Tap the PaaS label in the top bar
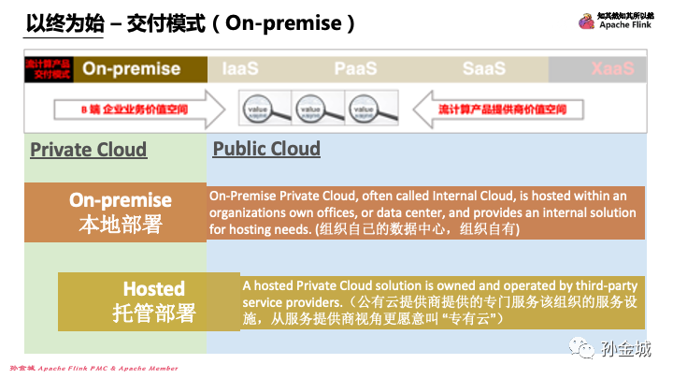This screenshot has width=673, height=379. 356,69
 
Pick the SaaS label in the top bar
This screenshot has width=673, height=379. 483,69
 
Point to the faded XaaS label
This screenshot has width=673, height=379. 612,69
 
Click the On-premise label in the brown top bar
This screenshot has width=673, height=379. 131,68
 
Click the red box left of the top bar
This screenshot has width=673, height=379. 46,69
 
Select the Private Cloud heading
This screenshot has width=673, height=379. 88,150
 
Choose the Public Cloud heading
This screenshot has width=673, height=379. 266,149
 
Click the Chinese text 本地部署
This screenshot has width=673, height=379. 121,224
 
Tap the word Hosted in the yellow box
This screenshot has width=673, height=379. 154,288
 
